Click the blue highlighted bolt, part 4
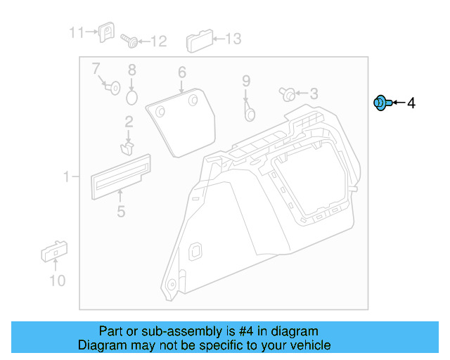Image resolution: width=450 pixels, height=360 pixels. tap(380, 103)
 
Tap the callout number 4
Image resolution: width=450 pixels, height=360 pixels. tap(411, 104)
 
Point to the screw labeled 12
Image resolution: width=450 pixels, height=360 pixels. tap(129, 41)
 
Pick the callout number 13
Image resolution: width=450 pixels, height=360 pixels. tap(232, 39)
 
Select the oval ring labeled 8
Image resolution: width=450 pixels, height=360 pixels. tap(132, 95)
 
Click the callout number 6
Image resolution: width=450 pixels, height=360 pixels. tap(181, 72)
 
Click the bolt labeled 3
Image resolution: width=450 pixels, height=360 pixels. tap(288, 94)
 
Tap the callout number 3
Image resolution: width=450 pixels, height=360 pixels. tap(314, 94)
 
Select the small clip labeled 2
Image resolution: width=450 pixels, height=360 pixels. tap(127, 148)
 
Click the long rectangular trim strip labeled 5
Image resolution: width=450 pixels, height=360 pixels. tap(121, 173)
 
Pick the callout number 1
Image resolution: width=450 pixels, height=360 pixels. tap(67, 177)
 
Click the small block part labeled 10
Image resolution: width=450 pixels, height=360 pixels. tap(54, 251)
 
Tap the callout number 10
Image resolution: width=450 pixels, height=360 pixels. tap(57, 281)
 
